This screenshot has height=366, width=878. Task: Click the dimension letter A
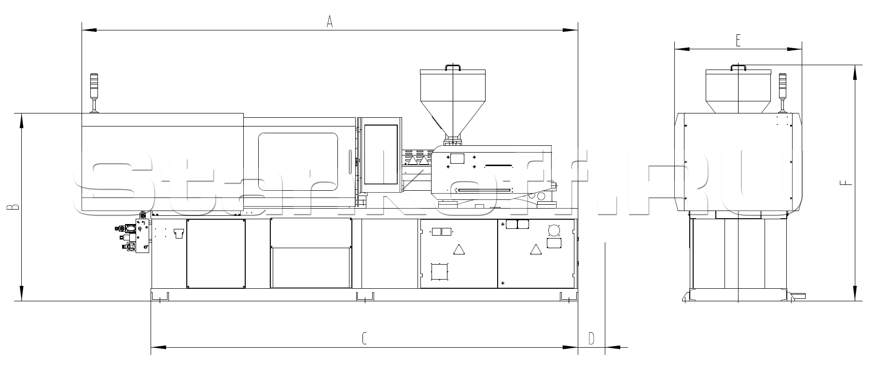pos(330,22)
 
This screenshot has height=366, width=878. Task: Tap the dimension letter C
pos(364,338)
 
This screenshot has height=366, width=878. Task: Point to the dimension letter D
pos(591,338)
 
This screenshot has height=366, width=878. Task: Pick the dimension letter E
pos(738,41)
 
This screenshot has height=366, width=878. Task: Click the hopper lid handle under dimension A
pos(453,67)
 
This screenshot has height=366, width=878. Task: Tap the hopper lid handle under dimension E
pos(739,67)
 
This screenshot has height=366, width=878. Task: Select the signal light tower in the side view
pos(95,93)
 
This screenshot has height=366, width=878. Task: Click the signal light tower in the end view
pos(783,93)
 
